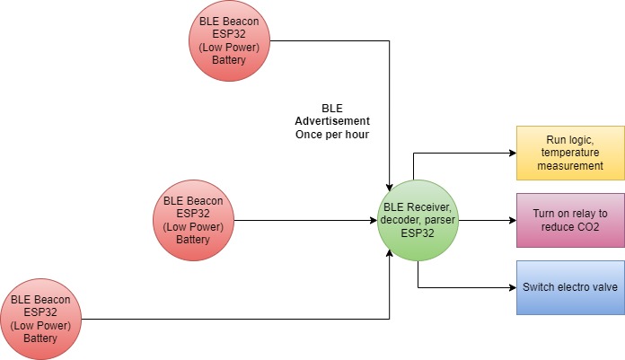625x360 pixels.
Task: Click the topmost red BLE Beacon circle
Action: [x=229, y=40]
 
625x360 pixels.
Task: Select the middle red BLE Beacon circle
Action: [x=192, y=220]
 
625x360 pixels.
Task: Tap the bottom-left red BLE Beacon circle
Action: [x=40, y=319]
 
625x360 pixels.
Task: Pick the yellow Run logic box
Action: [x=569, y=153]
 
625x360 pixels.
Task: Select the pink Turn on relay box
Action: [x=569, y=220]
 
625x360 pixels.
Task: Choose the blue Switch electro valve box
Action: [x=569, y=288]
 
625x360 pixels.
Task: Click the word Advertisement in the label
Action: [x=332, y=120]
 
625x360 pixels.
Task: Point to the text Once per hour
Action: [x=332, y=134]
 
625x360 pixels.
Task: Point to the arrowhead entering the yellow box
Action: [x=511, y=153]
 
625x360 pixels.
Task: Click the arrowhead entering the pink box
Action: [x=511, y=220]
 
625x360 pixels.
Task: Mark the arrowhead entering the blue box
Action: [x=511, y=288]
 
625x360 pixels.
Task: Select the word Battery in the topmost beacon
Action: [x=229, y=60]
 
